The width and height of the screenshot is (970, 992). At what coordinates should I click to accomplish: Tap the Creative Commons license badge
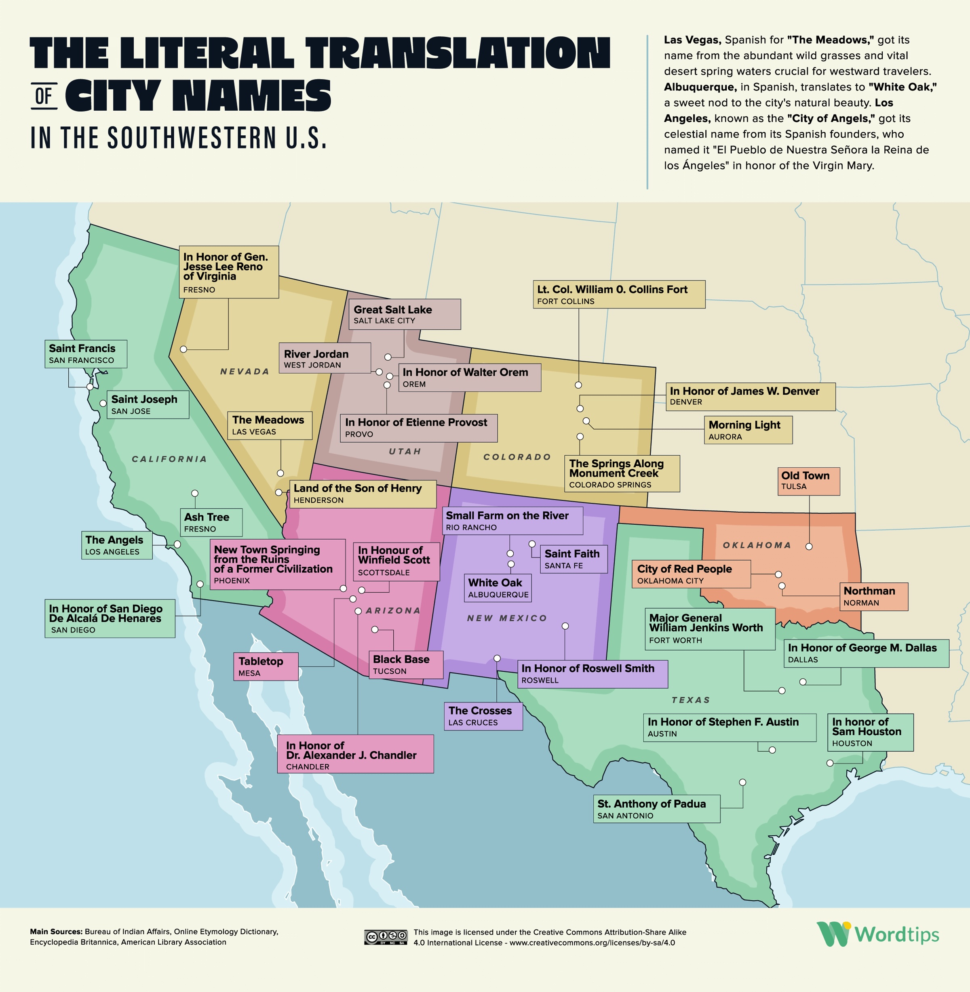tap(386, 937)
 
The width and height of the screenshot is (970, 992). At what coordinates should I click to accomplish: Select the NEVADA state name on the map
tap(245, 372)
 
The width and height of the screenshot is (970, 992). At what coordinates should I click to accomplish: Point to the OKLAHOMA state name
tap(757, 545)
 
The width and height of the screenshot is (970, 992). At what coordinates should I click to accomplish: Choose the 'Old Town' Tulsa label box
tap(808, 481)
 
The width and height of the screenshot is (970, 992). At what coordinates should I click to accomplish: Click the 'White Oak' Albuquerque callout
tap(498, 588)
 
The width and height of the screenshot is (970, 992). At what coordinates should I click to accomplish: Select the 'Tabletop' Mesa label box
tap(266, 666)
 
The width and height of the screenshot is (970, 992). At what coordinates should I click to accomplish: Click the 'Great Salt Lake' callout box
tap(404, 314)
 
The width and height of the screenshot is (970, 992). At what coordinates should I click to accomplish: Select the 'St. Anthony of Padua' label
tap(656, 809)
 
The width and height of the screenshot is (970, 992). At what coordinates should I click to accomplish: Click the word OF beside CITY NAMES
tap(44, 95)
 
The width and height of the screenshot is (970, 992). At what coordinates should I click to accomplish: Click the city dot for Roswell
tap(565, 626)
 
